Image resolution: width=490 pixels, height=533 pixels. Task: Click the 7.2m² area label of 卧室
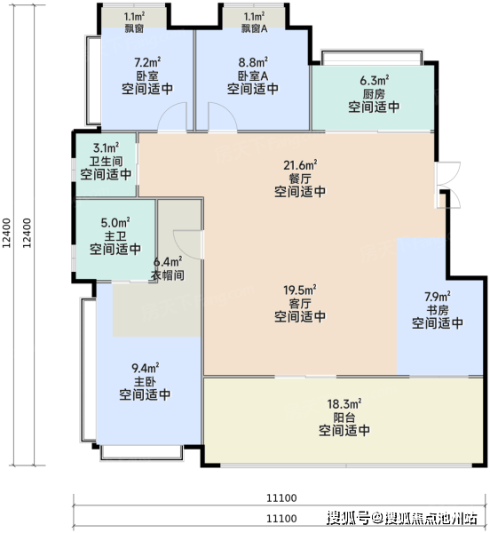147,62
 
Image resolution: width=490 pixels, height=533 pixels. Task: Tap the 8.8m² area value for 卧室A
253,62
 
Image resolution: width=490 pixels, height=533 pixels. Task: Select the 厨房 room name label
374,94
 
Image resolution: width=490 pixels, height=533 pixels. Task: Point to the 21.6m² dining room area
300,165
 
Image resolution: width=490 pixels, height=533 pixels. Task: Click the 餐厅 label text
300,179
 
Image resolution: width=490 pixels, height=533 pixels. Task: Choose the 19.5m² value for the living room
300,290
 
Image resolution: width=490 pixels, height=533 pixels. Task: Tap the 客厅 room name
300,303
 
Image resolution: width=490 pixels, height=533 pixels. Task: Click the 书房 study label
438,310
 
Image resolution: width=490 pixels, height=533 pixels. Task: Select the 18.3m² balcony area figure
344,404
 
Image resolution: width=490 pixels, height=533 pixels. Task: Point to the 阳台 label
344,418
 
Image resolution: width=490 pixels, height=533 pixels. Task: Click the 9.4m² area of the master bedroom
146,368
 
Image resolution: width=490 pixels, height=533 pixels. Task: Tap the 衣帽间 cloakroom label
168,275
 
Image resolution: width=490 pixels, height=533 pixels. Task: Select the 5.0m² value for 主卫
115,223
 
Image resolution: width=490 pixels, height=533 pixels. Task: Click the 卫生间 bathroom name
106,161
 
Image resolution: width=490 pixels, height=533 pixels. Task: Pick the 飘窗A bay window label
255,28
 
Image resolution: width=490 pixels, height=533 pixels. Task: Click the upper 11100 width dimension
281,498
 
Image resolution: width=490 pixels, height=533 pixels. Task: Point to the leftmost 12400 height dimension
7,233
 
